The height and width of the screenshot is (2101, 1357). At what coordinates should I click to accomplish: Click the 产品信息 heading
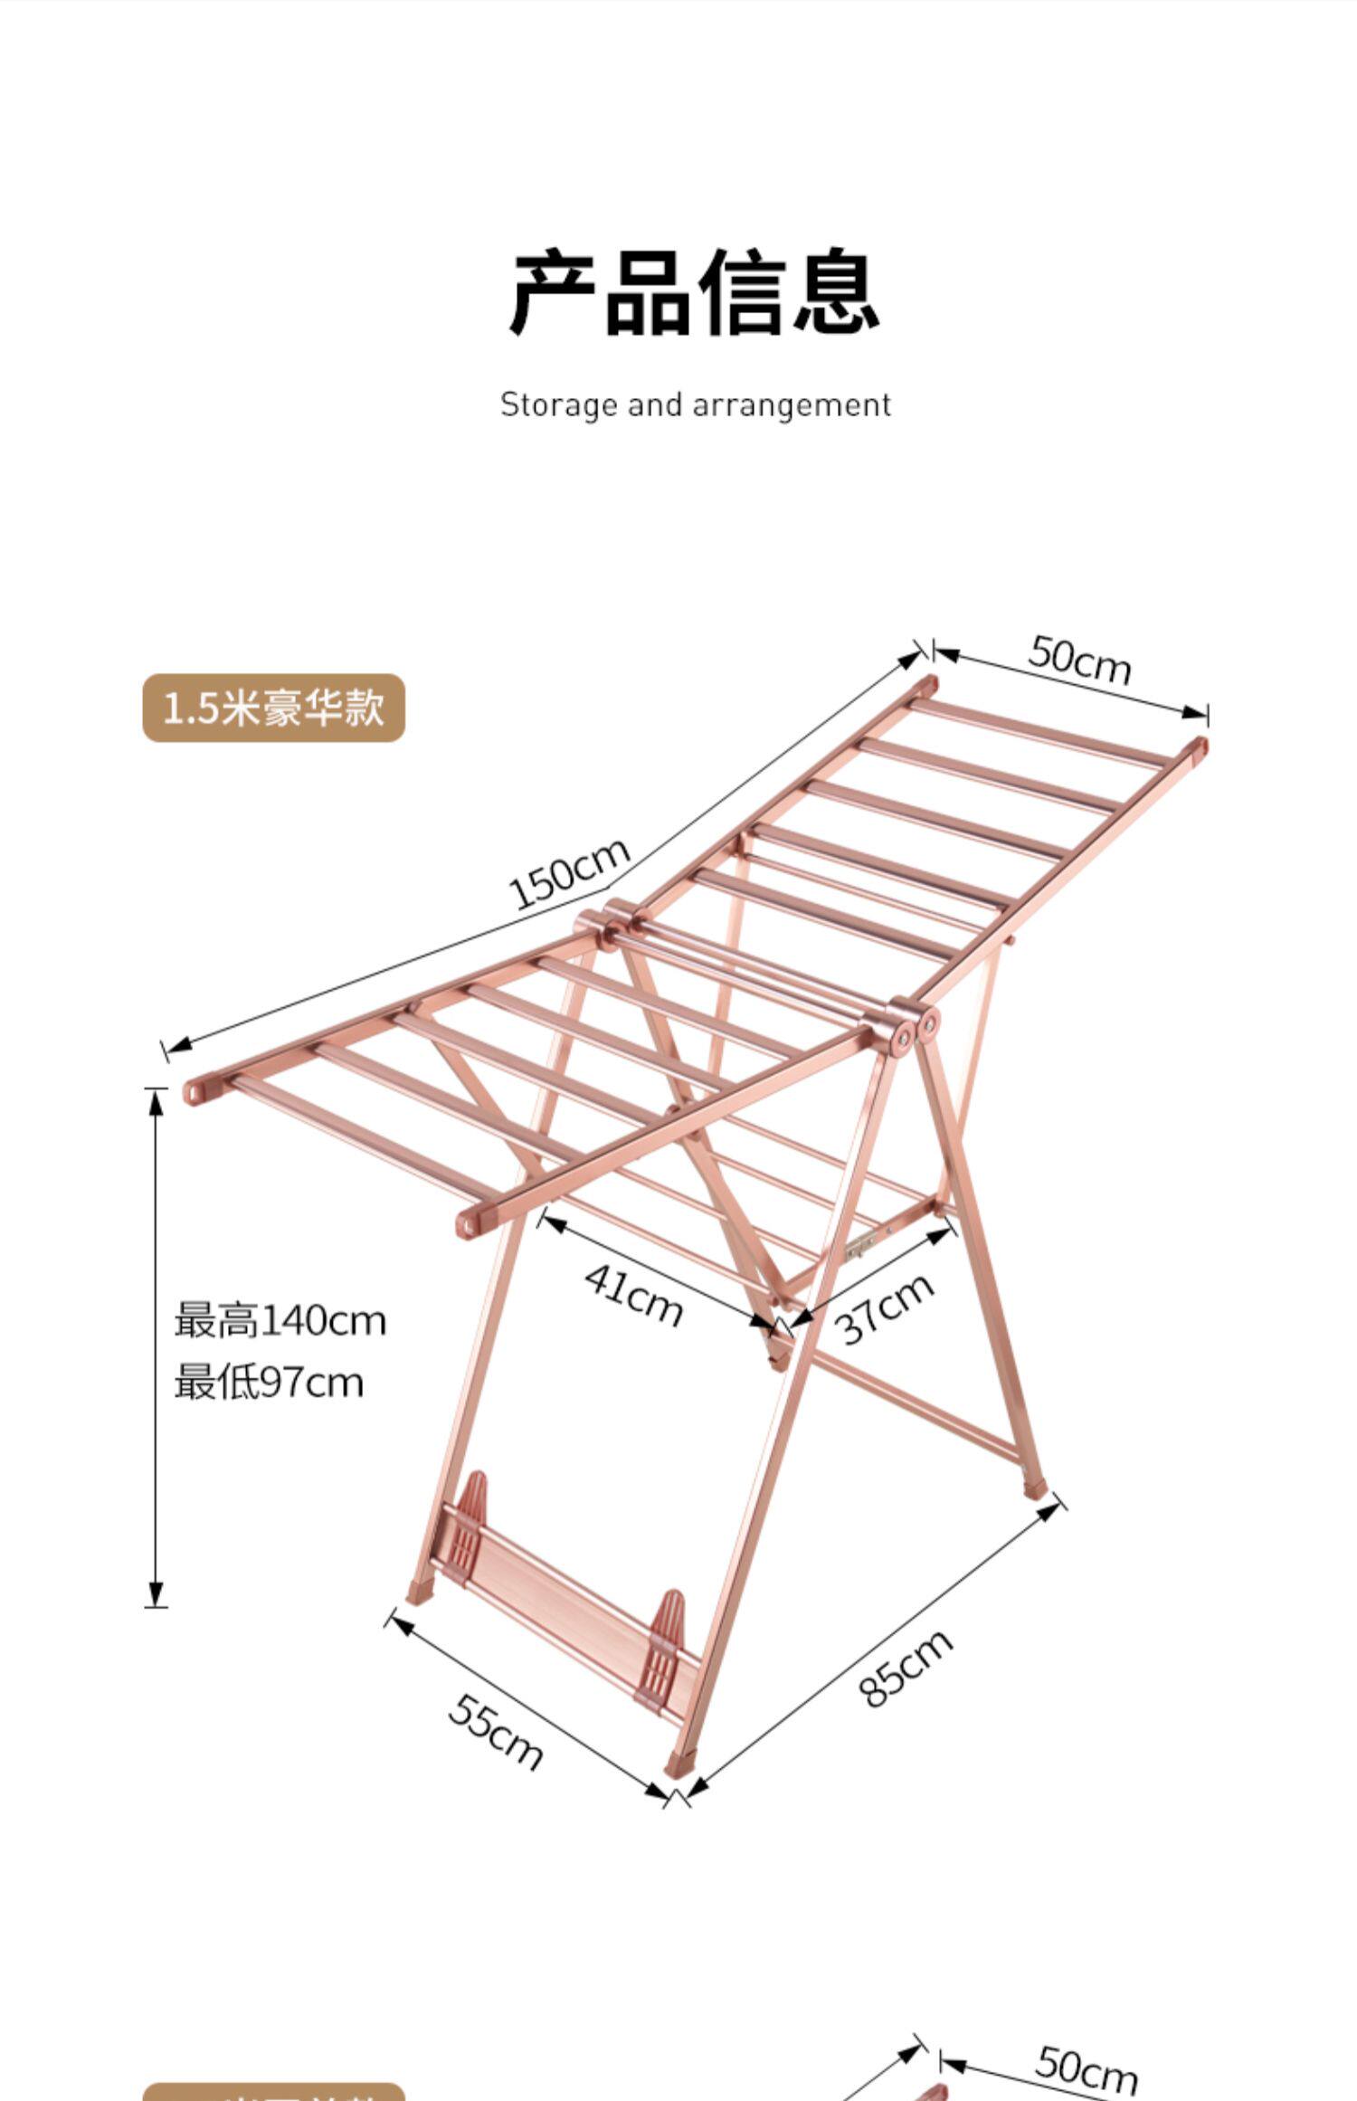[695, 292]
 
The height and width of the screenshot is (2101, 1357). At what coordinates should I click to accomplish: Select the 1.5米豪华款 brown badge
[273, 708]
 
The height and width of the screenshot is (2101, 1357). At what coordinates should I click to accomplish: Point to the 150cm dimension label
[569, 873]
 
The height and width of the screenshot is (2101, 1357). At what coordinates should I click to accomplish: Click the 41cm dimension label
[633, 1295]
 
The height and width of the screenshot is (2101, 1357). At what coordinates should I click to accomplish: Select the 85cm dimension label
[906, 1668]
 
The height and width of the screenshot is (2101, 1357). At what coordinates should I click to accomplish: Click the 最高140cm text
[280, 1321]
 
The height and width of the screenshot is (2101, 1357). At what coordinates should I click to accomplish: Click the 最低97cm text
[269, 1383]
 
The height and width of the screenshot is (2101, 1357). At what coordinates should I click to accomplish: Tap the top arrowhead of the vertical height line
[156, 1100]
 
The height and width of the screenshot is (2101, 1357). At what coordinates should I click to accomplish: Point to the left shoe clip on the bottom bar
[471, 1524]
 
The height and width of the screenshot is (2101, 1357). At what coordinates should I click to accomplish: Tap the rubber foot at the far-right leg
[1034, 1488]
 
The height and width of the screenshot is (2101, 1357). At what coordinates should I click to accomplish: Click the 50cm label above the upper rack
[1079, 661]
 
